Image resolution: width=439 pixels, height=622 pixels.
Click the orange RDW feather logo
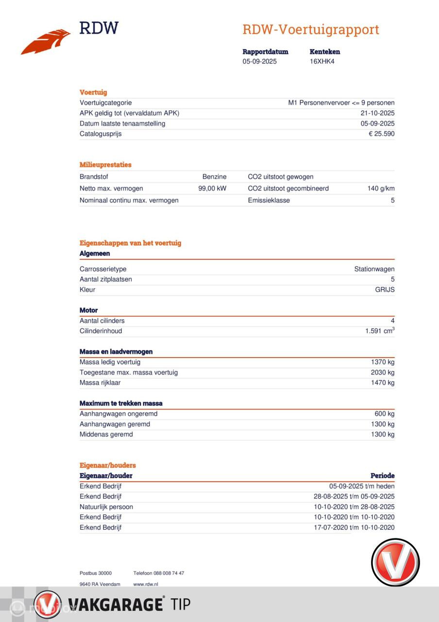[46, 42]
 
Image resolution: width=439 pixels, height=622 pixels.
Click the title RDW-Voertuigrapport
[310, 30]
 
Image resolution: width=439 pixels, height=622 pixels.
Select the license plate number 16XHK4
[322, 62]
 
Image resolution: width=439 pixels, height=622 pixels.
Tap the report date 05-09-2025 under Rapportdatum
[259, 62]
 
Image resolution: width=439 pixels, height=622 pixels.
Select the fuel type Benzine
[214, 177]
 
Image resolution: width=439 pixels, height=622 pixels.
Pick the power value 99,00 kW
[212, 189]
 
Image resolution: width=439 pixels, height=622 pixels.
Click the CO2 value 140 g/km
[381, 189]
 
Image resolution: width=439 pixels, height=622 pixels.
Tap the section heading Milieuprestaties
[105, 165]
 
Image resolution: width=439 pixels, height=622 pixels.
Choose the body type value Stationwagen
[374, 269]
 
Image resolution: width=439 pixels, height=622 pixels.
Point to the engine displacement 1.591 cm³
[380, 331]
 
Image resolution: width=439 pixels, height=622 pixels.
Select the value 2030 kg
[382, 373]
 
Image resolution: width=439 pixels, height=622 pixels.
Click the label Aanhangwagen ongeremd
[118, 414]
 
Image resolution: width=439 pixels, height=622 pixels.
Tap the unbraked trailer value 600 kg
[384, 414]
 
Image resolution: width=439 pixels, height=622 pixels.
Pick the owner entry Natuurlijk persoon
[106, 507]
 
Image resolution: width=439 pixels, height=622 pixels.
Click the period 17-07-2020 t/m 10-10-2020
[354, 528]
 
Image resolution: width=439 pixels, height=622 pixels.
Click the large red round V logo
[395, 562]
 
